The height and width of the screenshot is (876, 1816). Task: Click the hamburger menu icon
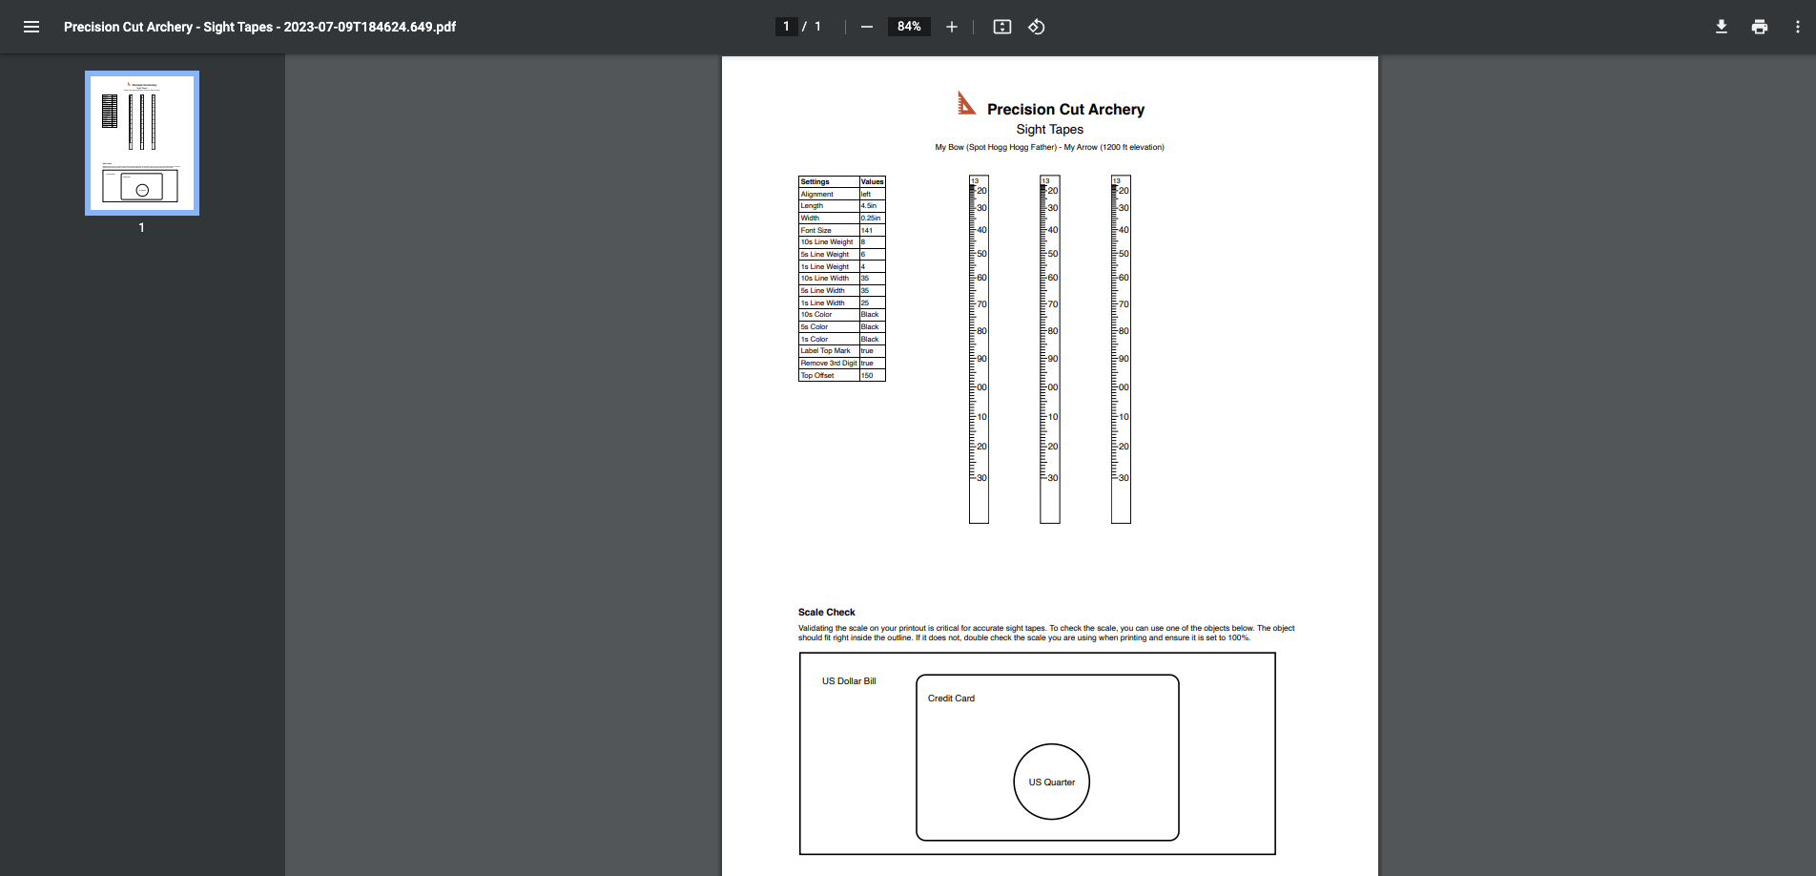click(31, 27)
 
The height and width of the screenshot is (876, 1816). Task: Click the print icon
click(1759, 27)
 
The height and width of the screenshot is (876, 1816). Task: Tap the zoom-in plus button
click(951, 27)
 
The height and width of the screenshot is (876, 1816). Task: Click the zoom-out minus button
click(866, 27)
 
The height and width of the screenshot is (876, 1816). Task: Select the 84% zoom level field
click(908, 27)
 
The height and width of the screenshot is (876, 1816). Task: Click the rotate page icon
click(1037, 27)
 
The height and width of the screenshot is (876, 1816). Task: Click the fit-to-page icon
click(1001, 27)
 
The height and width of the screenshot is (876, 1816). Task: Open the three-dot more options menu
click(1797, 27)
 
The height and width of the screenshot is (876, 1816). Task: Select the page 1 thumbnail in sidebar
click(142, 143)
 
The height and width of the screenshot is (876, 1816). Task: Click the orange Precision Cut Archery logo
click(966, 103)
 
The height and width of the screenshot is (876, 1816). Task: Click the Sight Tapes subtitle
click(1049, 130)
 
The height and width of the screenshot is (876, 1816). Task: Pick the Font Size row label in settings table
click(816, 230)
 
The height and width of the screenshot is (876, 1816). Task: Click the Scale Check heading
click(826, 613)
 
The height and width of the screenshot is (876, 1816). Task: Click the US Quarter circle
click(1051, 782)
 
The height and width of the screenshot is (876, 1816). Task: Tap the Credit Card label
click(951, 699)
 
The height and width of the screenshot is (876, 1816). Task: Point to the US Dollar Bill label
click(849, 681)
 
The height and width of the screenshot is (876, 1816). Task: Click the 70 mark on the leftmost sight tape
click(981, 304)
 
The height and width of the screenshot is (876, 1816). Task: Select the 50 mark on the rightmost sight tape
click(1123, 254)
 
